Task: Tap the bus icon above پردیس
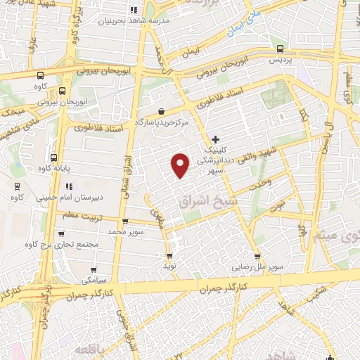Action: [x=281, y=49]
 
